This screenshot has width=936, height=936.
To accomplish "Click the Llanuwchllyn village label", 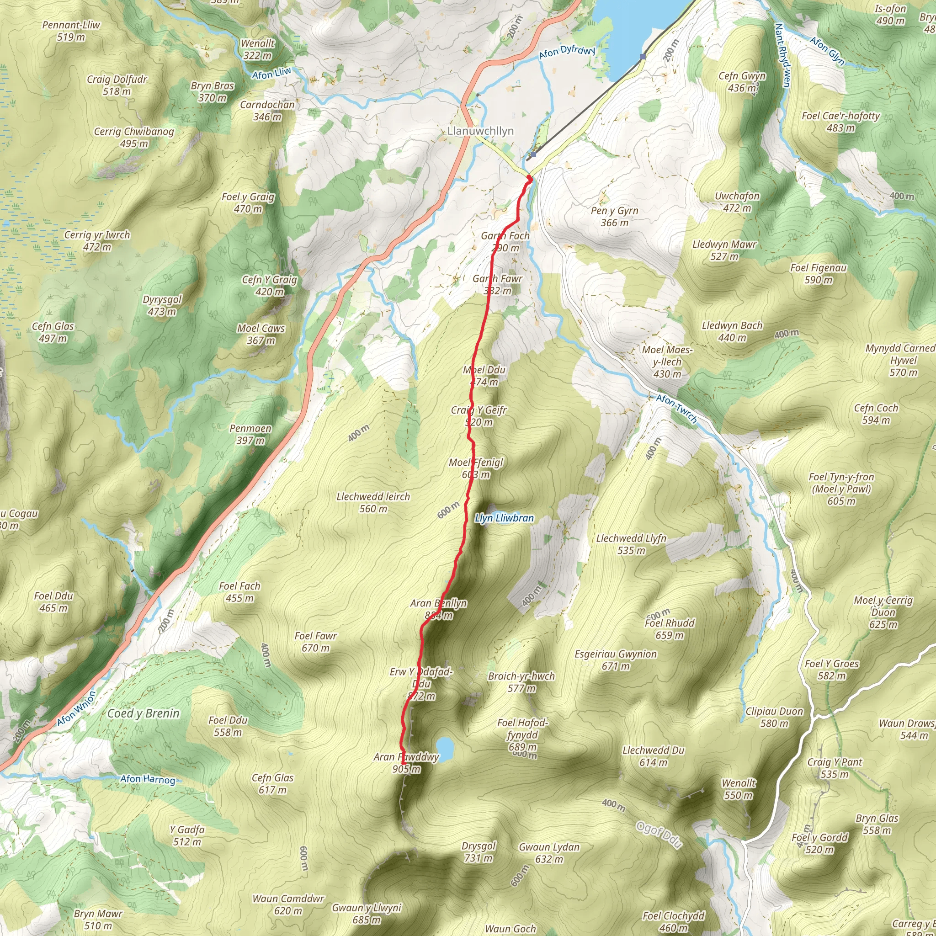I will [x=480, y=131].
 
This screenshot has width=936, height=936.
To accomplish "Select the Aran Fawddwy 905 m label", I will [x=406, y=763].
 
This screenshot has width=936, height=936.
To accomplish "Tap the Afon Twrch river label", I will [x=676, y=409].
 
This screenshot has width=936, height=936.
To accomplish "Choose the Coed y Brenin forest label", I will [x=144, y=713].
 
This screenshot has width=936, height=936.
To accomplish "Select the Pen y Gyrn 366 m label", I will [x=614, y=217].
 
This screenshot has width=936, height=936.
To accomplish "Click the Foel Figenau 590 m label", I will [x=818, y=274].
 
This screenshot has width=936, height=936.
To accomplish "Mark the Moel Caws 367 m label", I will [x=261, y=334].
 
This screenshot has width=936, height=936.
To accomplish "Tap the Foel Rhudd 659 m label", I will [x=670, y=629].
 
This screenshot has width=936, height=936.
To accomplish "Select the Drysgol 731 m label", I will [x=478, y=852].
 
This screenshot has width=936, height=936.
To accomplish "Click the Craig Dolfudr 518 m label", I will [x=117, y=85].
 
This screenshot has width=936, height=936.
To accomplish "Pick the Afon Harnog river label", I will [x=147, y=779].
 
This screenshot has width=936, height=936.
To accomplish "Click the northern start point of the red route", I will [x=529, y=179].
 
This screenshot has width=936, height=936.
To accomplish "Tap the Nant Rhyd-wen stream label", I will [x=782, y=55].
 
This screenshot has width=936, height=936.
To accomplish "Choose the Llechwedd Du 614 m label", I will [x=653, y=756].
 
